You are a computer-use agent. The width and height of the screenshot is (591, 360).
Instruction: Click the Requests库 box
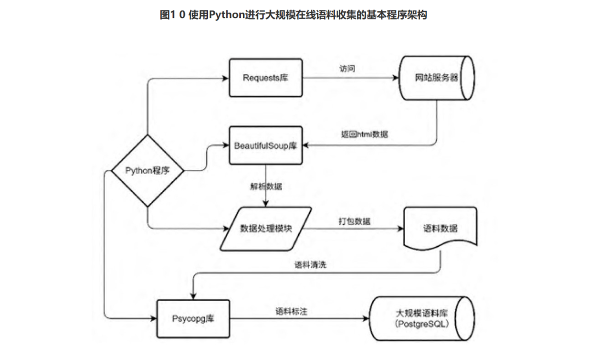pos(265,78)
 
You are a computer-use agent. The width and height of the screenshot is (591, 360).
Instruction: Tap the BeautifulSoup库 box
pos(265,145)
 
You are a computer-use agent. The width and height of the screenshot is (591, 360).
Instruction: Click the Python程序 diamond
pos(147,171)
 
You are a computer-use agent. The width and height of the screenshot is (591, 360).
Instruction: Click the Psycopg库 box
pos(193,319)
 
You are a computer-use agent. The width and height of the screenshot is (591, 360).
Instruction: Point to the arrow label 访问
pos(347,68)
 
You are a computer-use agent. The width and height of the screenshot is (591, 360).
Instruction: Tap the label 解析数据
pos(266,186)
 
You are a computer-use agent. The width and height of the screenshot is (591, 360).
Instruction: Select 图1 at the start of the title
pos(167,15)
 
